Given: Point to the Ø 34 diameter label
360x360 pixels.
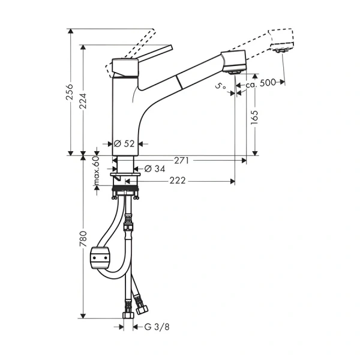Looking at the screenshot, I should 155,169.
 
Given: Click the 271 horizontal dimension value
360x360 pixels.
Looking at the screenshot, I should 182,160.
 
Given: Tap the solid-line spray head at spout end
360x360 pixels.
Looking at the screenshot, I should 234,61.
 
